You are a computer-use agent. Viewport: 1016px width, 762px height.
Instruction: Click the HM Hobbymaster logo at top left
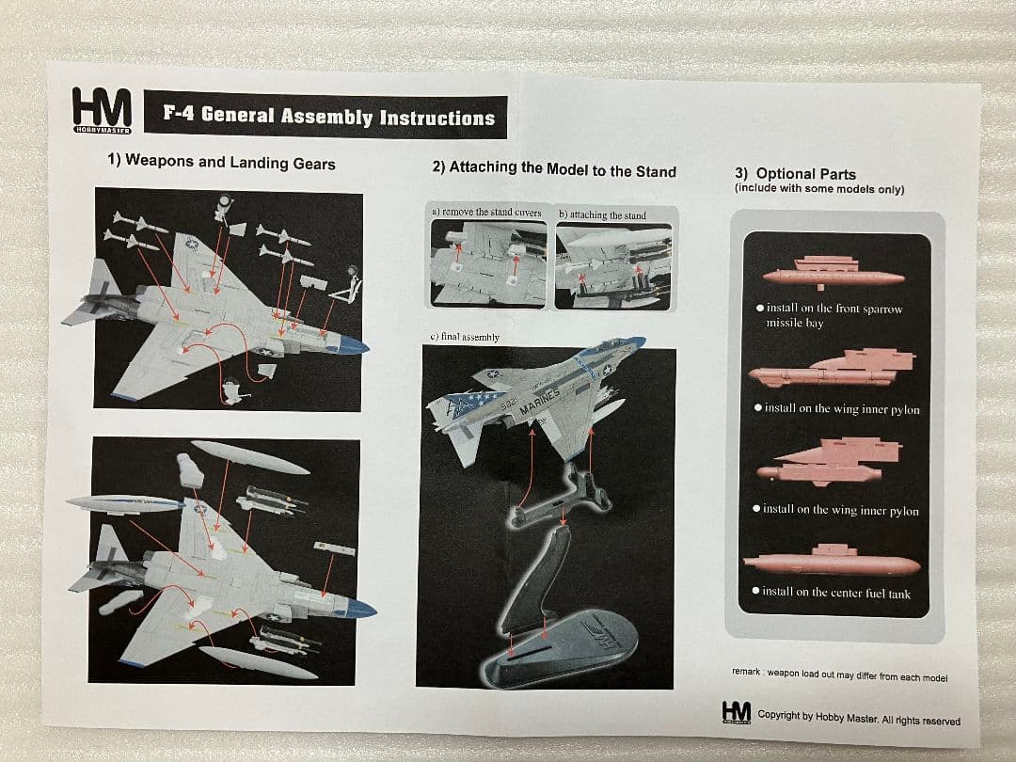(102, 109)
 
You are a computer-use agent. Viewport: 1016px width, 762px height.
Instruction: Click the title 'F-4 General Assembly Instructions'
(328, 117)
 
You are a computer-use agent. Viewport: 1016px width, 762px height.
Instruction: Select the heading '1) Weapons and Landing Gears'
(221, 163)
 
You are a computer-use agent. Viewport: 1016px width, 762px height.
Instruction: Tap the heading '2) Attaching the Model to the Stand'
(553, 170)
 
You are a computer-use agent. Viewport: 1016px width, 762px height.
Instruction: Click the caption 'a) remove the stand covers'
(486, 213)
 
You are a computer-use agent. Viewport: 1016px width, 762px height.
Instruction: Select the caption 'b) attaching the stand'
(602, 215)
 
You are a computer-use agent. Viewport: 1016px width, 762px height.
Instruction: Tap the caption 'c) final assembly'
(465, 337)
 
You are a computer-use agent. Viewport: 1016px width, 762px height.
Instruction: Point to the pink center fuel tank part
(831, 564)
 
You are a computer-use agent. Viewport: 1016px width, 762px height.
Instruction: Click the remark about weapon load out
(839, 676)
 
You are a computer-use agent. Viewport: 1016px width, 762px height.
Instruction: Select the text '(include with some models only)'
(818, 189)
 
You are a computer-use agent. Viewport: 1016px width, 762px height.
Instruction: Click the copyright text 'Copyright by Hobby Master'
(858, 720)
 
